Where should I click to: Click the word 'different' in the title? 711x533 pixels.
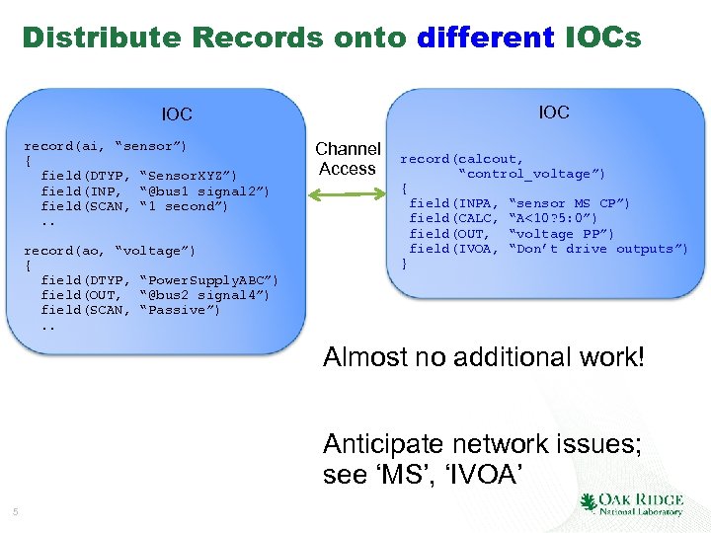tap(485, 38)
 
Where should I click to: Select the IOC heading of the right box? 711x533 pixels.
tap(553, 113)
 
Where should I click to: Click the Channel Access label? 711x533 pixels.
tap(348, 159)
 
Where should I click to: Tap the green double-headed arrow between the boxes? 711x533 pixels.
tap(347, 192)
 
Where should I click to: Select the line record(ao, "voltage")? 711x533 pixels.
tap(110, 251)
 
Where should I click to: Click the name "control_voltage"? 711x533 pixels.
tap(531, 174)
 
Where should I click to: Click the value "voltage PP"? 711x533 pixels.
tap(561, 234)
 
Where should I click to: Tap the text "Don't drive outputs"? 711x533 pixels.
tap(597, 249)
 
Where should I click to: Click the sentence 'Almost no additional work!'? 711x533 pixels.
tap(483, 357)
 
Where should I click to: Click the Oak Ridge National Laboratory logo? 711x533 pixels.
tap(632, 503)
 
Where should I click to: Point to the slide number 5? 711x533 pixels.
tap(16, 511)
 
